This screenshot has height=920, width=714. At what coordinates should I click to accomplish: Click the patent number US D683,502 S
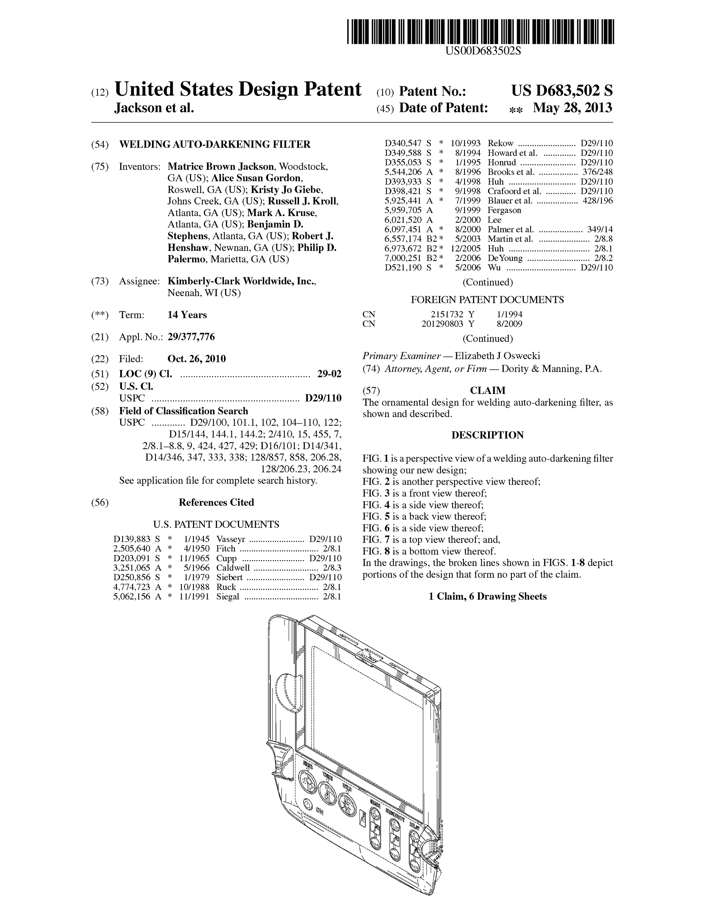click(x=562, y=90)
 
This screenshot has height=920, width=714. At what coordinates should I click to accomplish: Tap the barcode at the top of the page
click(x=480, y=32)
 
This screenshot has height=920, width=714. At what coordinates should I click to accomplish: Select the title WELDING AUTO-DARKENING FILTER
click(x=215, y=144)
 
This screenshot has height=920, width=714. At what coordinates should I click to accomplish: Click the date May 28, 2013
click(x=572, y=108)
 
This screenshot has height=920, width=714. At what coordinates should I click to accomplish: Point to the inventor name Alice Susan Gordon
click(x=256, y=178)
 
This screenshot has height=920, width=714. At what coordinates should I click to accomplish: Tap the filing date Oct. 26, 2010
click(x=196, y=359)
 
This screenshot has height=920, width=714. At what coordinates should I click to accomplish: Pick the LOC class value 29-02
click(x=329, y=374)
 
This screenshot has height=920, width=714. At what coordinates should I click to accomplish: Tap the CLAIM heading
click(x=488, y=390)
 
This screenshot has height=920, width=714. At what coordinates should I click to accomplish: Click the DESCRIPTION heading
click(x=488, y=435)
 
